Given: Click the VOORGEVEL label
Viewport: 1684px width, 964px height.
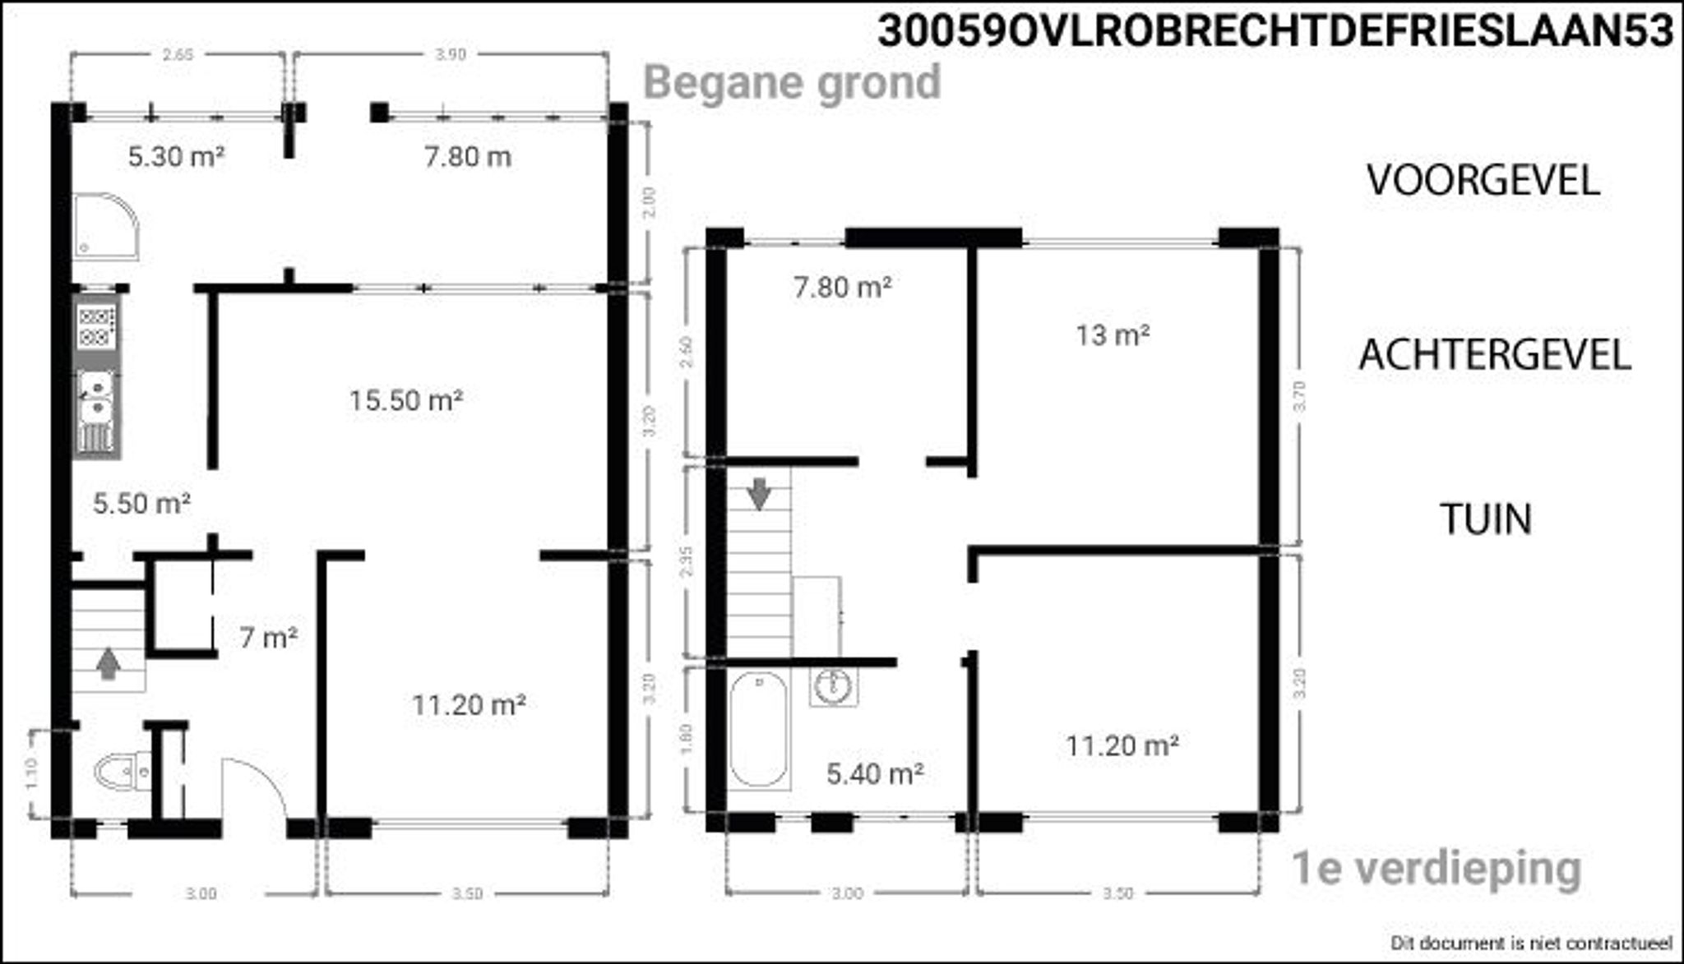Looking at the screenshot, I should coord(1483,180).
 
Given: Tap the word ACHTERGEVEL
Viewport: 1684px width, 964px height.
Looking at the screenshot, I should coord(1494,355).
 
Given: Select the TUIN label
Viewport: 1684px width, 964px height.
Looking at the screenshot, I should coord(1486,519).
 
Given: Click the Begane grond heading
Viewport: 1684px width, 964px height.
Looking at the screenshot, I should coord(792,82).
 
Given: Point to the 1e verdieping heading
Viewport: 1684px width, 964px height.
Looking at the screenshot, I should coord(1436,869).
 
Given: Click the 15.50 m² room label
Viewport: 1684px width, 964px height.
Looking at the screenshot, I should coord(405,401).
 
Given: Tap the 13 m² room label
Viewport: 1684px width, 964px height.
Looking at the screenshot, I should coord(1112,335).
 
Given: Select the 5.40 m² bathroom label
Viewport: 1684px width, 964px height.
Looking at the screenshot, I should coord(874,773).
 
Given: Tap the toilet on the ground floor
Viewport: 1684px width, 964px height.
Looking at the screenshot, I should coord(122,772).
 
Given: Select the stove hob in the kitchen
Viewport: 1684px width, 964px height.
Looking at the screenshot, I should coord(95,325).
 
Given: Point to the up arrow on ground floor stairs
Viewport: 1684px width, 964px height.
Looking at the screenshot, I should coord(108,663).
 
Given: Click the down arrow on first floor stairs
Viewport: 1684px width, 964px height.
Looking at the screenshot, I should coord(758,493).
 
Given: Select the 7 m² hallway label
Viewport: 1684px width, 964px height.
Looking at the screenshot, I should coord(268,637).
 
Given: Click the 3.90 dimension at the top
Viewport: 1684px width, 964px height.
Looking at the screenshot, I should coord(451,55).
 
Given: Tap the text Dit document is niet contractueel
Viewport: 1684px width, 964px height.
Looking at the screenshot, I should coord(1531,942).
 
